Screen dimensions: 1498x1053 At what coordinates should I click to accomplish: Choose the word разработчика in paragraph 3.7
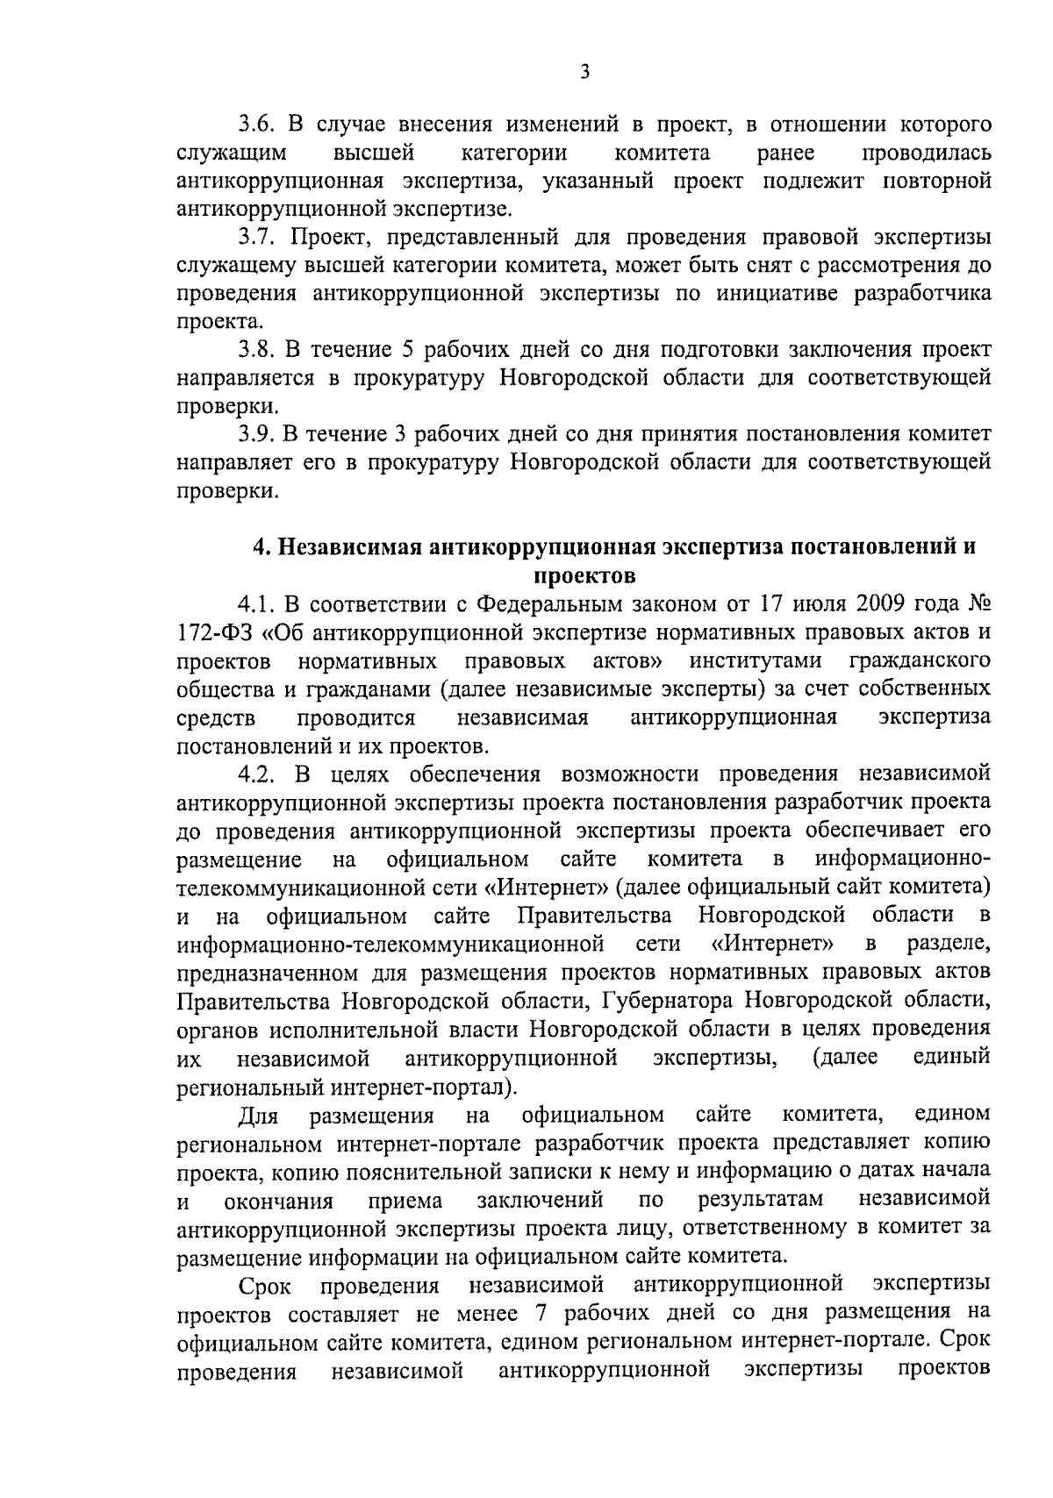[923, 293]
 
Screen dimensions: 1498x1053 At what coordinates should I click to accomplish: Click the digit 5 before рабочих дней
[407, 349]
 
